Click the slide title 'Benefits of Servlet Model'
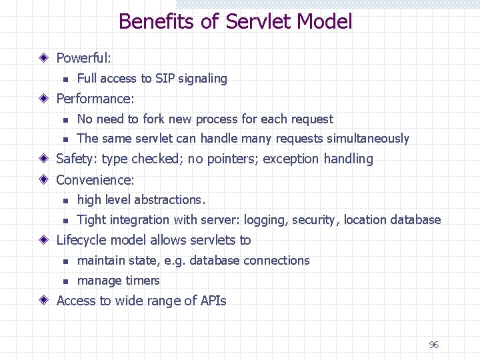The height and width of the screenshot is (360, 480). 235,21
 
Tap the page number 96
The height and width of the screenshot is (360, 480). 433,345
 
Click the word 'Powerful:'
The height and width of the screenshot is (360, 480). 83,59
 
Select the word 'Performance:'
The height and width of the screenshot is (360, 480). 95,99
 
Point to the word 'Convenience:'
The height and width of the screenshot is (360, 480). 95,180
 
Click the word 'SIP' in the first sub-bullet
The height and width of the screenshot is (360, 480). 165,79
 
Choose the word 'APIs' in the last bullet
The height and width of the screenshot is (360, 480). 213,301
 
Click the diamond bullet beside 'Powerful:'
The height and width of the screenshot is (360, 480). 43,59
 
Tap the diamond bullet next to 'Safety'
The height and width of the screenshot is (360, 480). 43,159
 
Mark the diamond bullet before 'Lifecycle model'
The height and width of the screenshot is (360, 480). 43,240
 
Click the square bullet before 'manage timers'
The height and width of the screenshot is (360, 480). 65,281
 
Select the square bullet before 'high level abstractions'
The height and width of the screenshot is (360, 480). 65,201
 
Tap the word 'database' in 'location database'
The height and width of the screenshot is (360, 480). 416,220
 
